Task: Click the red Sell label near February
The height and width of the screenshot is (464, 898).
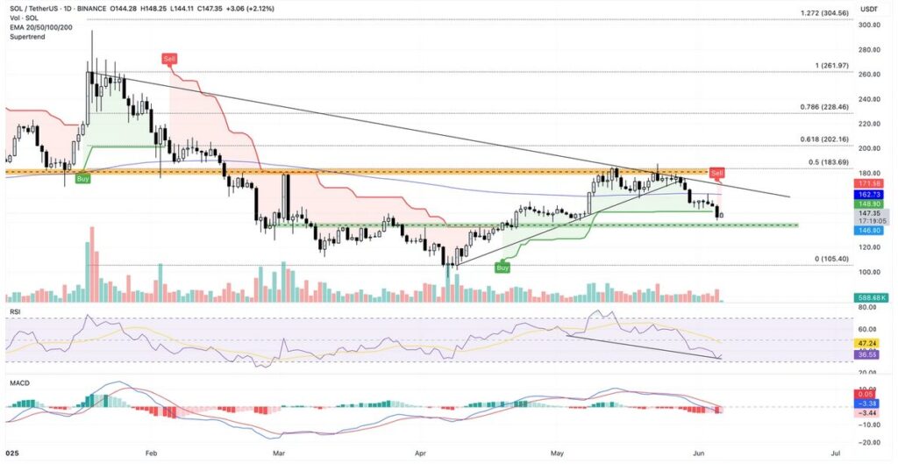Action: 168,58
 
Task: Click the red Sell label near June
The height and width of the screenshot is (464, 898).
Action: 717,172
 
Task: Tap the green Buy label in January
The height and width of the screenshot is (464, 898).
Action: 82,178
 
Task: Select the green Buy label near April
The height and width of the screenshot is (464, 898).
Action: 502,268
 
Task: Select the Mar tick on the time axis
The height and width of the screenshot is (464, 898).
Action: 279,453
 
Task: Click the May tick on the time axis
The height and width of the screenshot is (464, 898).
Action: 557,453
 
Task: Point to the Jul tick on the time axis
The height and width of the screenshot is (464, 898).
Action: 834,453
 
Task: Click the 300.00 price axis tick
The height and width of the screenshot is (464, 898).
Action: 869,25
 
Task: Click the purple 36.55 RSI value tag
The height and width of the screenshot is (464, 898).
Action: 869,354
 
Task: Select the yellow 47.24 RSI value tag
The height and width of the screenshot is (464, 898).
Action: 869,343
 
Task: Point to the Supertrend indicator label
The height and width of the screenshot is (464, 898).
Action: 26,37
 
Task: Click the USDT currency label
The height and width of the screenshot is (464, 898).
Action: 868,8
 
